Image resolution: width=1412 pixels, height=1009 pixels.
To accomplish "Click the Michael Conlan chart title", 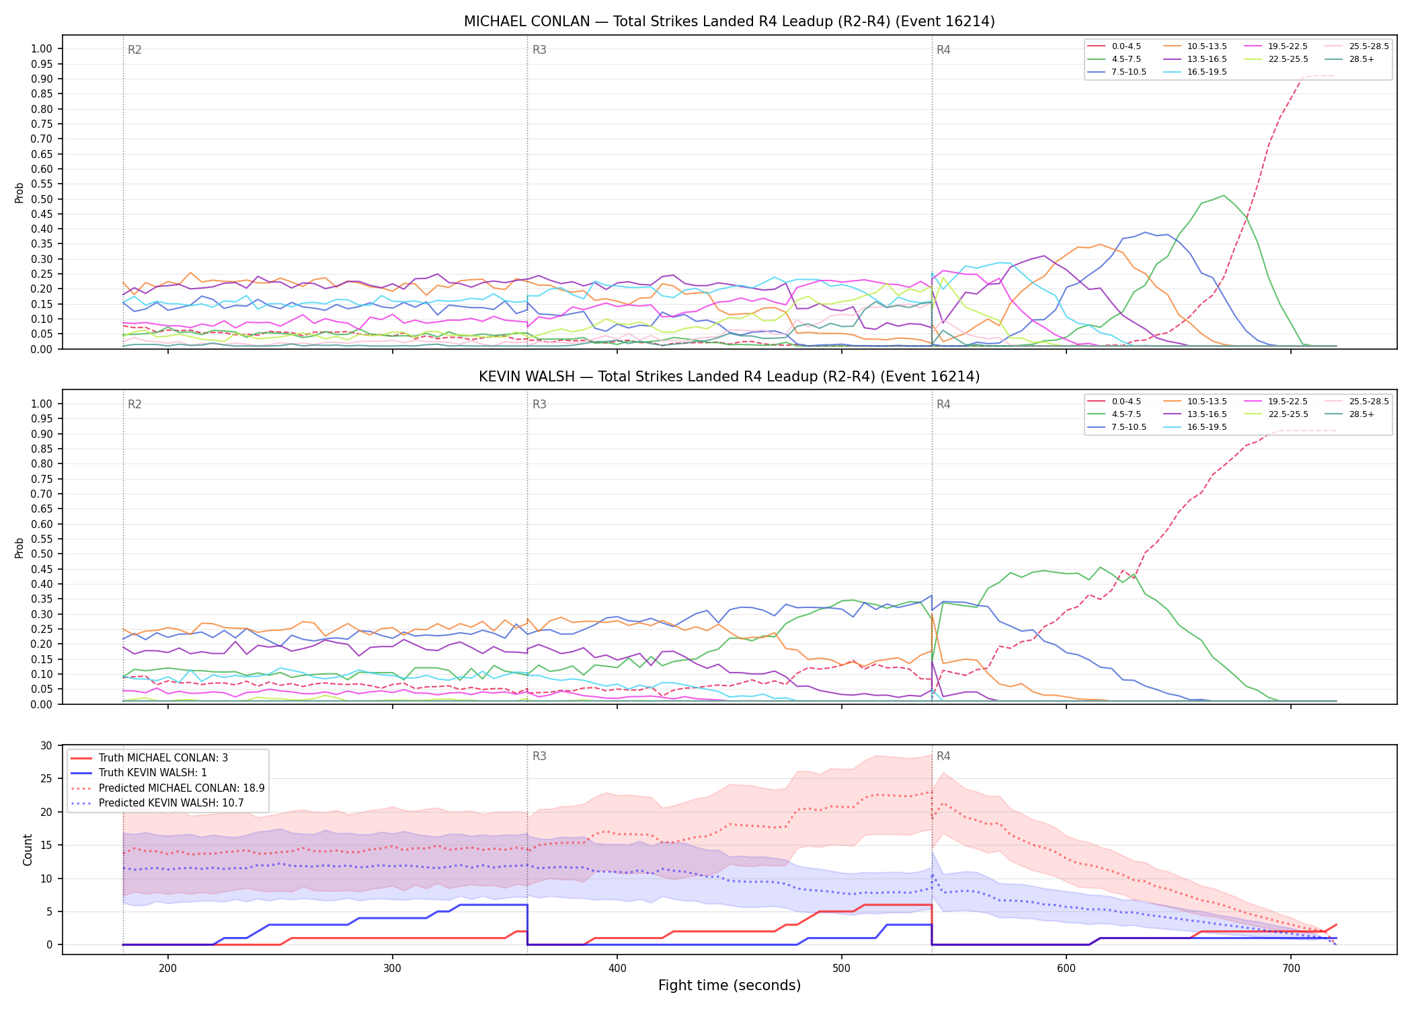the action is pos(729,22).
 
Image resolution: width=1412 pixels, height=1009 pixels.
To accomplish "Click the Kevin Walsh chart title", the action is pos(729,377).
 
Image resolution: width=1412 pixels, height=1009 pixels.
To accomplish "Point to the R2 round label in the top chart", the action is pos(134,50).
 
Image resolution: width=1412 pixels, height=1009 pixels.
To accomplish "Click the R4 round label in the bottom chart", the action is pos(943,756).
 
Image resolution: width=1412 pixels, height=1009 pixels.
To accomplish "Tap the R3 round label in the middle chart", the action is pos(539,404).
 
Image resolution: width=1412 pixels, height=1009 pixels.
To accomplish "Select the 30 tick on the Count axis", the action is pos(46,745).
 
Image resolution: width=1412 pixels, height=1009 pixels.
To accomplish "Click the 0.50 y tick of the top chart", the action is pos(42,199).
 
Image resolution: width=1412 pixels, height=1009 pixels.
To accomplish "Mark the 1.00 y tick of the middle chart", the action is pos(42,404).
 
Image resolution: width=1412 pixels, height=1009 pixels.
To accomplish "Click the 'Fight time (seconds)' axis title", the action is pos(730,985).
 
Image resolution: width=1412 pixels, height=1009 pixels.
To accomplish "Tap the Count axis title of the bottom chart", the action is pos(28,850).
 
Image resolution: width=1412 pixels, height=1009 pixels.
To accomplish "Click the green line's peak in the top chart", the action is pos(1224,196).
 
